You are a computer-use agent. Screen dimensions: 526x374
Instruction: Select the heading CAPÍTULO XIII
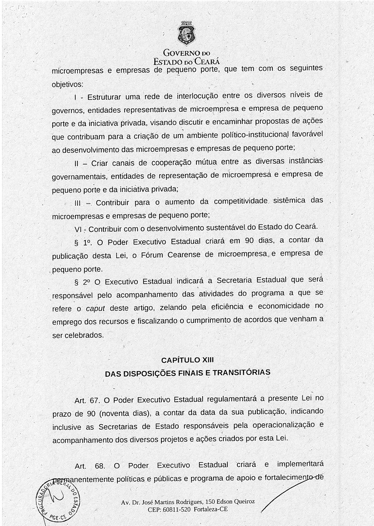point(187,360)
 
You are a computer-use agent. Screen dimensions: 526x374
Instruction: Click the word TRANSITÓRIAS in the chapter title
point(241,372)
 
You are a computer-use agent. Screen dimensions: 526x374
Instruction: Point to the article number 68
point(100,466)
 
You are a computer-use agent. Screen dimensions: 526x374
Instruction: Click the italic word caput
point(95,308)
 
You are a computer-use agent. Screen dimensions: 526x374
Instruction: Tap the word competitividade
point(241,201)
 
